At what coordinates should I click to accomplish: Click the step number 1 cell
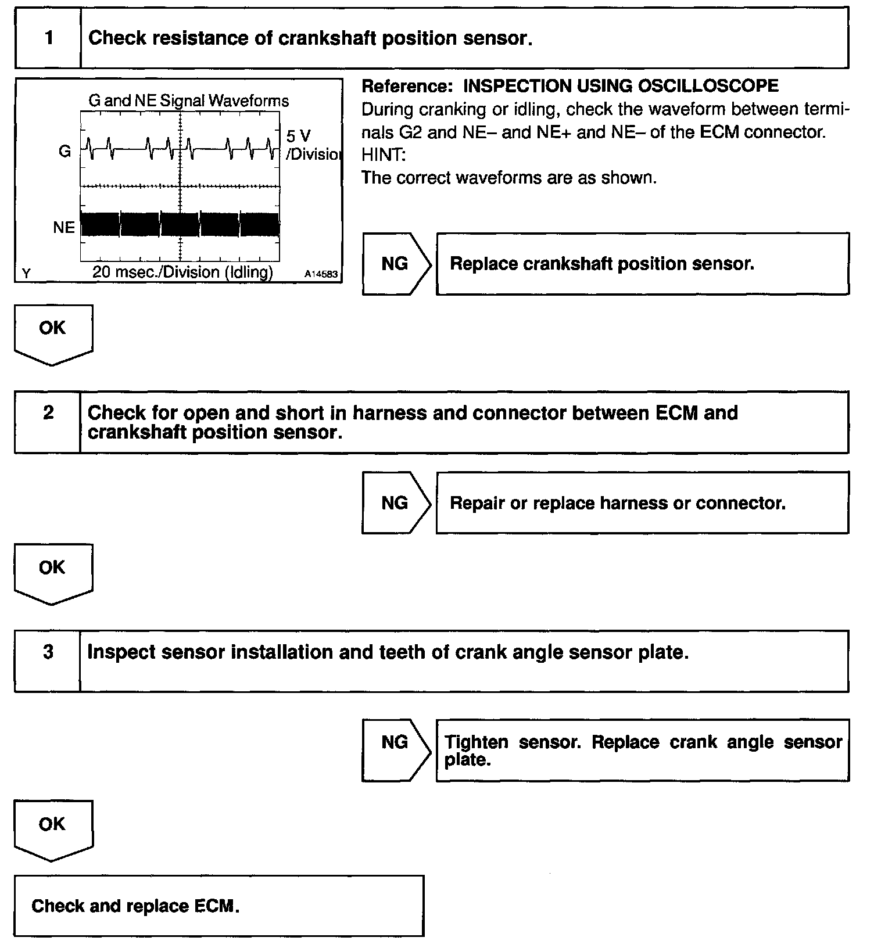(48, 38)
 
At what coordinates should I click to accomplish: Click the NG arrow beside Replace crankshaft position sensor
(396, 264)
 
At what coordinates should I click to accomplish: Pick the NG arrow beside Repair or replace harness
(396, 503)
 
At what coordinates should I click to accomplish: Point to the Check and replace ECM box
(218, 906)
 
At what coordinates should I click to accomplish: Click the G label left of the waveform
(65, 151)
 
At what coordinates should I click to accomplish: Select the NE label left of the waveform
(64, 228)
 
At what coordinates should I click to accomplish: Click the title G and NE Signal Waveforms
(188, 100)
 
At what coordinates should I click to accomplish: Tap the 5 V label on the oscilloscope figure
(299, 136)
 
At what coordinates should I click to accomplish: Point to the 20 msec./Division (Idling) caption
(182, 272)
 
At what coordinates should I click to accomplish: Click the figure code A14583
(321, 274)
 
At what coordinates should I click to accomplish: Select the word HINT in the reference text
(384, 155)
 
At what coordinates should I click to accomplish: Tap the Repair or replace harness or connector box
(642, 503)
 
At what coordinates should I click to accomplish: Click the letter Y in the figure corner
(26, 273)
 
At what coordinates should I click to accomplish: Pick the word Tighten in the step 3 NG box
(476, 742)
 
